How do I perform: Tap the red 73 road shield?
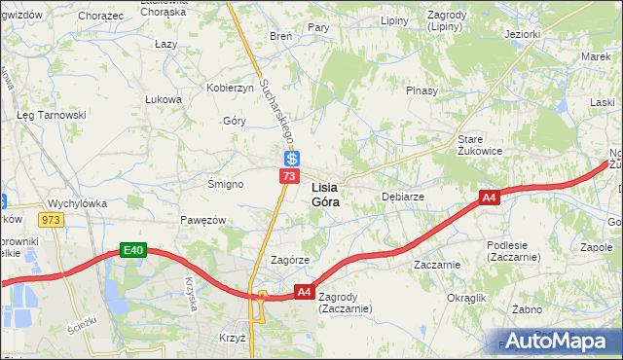point(289,176)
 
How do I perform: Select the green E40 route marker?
point(134,251)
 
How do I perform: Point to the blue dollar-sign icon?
point(291,159)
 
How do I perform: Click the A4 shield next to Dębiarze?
point(490,198)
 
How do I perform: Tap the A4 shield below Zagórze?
point(304,291)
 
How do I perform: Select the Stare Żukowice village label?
point(479,145)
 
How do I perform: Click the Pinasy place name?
point(422,90)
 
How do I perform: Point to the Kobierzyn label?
point(230,88)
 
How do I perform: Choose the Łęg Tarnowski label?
point(52,115)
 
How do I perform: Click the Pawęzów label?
point(202,221)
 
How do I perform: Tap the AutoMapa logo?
point(558,341)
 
